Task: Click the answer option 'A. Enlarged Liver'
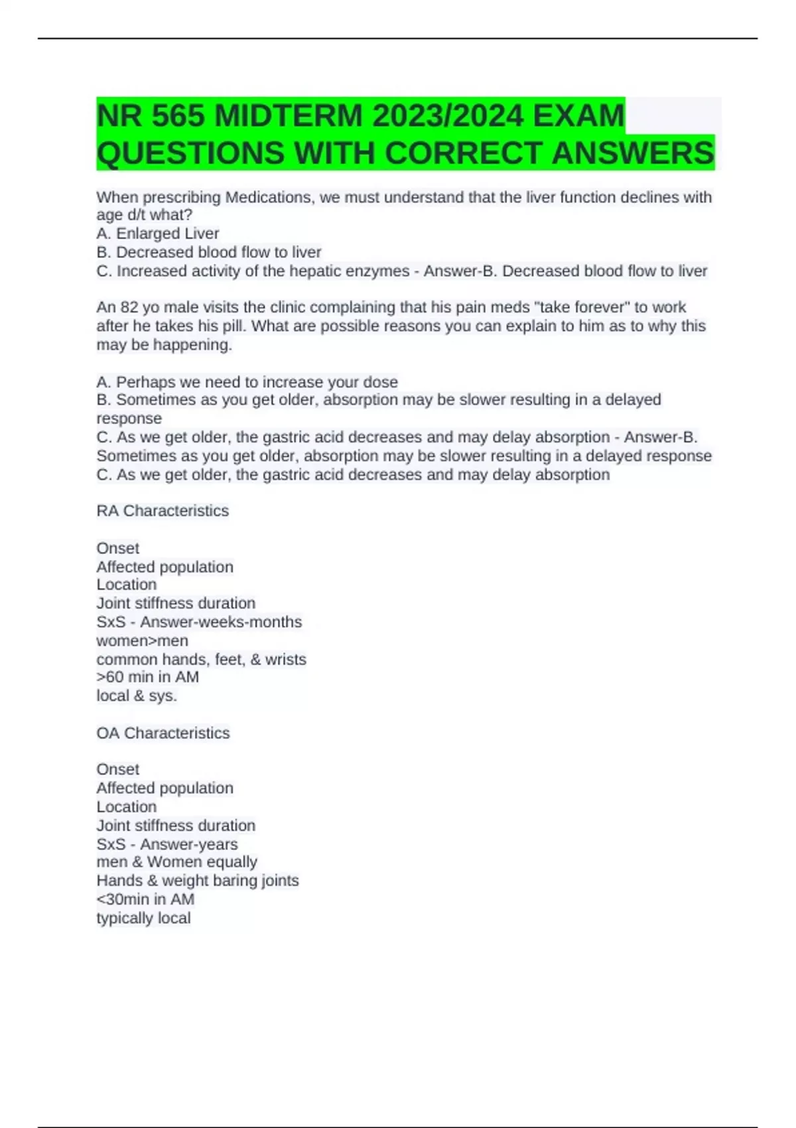click(158, 234)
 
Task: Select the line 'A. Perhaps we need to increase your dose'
click(247, 382)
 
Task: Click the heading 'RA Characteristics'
click(163, 511)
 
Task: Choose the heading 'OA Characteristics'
click(163, 733)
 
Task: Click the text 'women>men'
click(142, 641)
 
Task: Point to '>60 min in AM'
click(147, 677)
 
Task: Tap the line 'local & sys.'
click(137, 696)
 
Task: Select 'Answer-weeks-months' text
click(221, 622)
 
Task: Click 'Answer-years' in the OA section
click(189, 845)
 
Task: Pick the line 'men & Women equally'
click(176, 863)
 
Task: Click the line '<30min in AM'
click(145, 900)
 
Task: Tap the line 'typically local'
click(143, 918)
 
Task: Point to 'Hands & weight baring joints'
click(198, 881)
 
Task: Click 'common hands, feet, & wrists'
click(201, 660)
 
